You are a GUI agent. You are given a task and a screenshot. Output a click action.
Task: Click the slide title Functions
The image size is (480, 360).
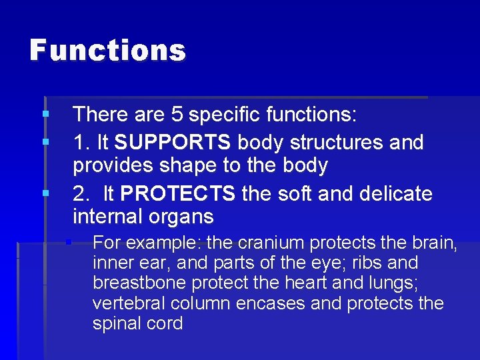(x=107, y=51)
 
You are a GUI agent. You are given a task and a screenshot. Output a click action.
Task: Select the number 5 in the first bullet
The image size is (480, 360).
(x=177, y=115)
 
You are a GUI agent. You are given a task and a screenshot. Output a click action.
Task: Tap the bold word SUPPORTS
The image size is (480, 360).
(x=173, y=143)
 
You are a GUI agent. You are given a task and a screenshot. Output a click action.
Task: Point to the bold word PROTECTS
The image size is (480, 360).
(x=179, y=194)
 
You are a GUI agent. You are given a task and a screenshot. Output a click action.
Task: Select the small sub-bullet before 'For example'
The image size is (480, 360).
(x=68, y=242)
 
